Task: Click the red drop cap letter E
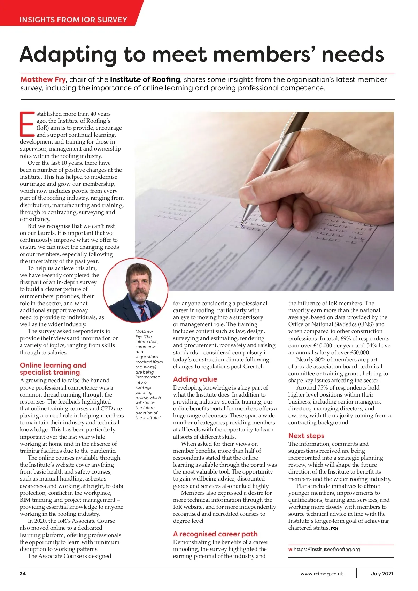point(28,124)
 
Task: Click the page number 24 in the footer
point(23,574)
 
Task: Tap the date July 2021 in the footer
point(382,574)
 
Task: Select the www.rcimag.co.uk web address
point(322,574)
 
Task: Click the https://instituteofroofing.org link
point(327,549)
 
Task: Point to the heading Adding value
point(195,379)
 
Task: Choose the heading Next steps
point(306,436)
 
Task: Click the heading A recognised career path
point(215,534)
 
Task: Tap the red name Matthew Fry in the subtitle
point(43,79)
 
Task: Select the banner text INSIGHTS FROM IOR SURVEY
point(73,20)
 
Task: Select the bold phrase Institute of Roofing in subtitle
point(145,79)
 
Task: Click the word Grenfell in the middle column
point(252,367)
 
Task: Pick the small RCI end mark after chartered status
point(334,528)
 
